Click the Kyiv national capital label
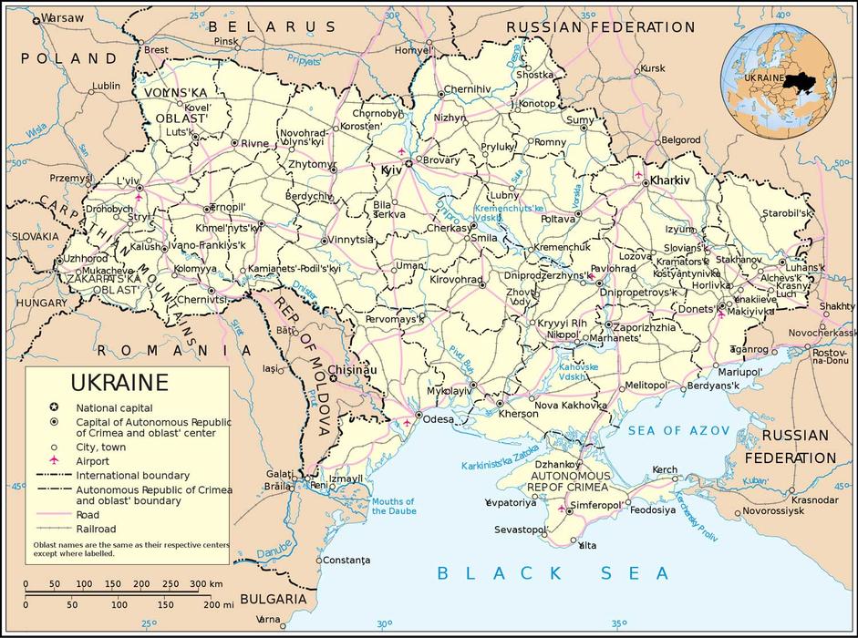tap(391, 170)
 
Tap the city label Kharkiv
tap(670, 181)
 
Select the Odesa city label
tap(439, 419)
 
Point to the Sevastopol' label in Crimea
tap(521, 530)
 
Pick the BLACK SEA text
tap(553, 572)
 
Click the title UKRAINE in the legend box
tap(119, 383)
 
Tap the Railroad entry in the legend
tap(96, 529)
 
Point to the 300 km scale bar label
tap(206, 583)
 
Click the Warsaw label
tap(63, 17)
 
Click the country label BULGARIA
tap(268, 599)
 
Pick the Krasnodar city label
tap(814, 499)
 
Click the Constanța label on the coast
tap(347, 559)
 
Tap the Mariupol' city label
tap(739, 372)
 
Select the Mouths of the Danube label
tap(393, 506)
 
